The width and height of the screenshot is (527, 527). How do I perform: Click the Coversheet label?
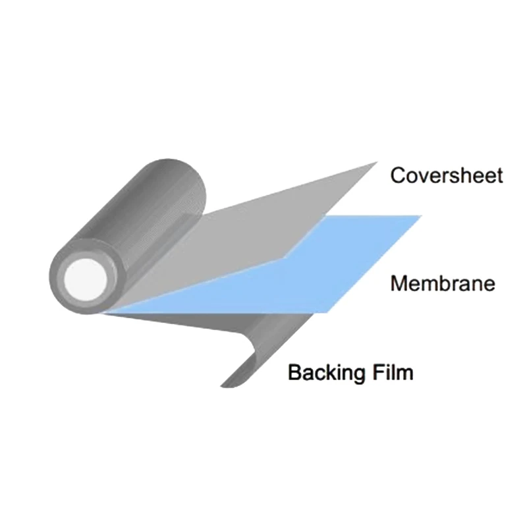click(446, 175)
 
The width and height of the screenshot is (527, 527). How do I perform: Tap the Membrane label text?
click(442, 284)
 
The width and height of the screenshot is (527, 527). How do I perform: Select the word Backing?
click(327, 372)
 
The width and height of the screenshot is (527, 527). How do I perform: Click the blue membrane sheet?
click(329, 263)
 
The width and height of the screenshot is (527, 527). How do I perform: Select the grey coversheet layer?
click(277, 211)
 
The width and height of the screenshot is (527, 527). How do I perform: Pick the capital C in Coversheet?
click(398, 176)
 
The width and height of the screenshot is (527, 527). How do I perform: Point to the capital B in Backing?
click(295, 372)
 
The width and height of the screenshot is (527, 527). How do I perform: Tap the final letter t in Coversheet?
click(499, 175)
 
